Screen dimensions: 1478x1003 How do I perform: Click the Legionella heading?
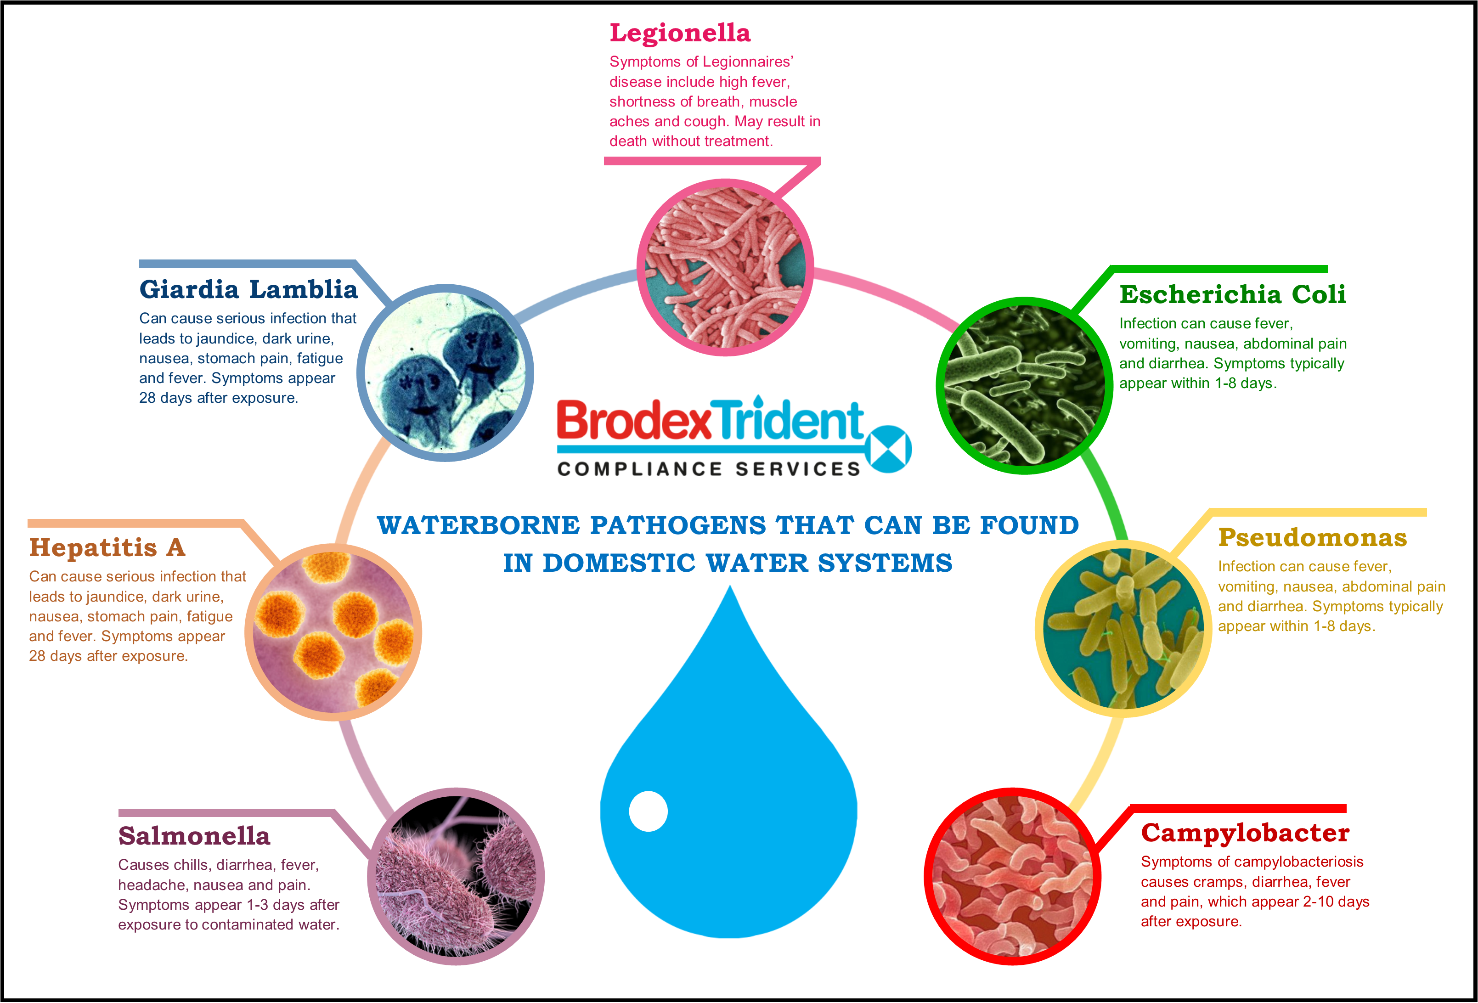[x=680, y=34]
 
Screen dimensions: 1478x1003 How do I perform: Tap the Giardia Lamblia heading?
[x=248, y=289]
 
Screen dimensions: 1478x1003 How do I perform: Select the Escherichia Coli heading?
[x=1233, y=294]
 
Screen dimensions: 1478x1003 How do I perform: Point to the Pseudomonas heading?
[x=1312, y=537]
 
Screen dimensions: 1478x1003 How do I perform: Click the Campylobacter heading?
[x=1245, y=833]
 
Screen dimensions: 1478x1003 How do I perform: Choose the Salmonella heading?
[x=194, y=836]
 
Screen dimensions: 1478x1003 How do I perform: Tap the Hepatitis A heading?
[x=107, y=547]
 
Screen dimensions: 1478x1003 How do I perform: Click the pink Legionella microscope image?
[x=725, y=267]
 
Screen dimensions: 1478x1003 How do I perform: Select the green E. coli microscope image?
[x=1024, y=385]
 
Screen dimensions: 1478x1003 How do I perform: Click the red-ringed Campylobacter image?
[x=1012, y=876]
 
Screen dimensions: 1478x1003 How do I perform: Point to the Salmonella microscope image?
[x=456, y=876]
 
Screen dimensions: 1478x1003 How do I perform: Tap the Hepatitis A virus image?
[x=333, y=632]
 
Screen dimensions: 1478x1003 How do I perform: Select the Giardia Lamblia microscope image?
[x=445, y=373]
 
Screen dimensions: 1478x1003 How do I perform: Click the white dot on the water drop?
[x=648, y=811]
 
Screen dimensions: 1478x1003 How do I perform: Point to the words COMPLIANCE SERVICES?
[x=709, y=469]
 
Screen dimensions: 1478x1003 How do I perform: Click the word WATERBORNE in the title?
[x=478, y=525]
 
